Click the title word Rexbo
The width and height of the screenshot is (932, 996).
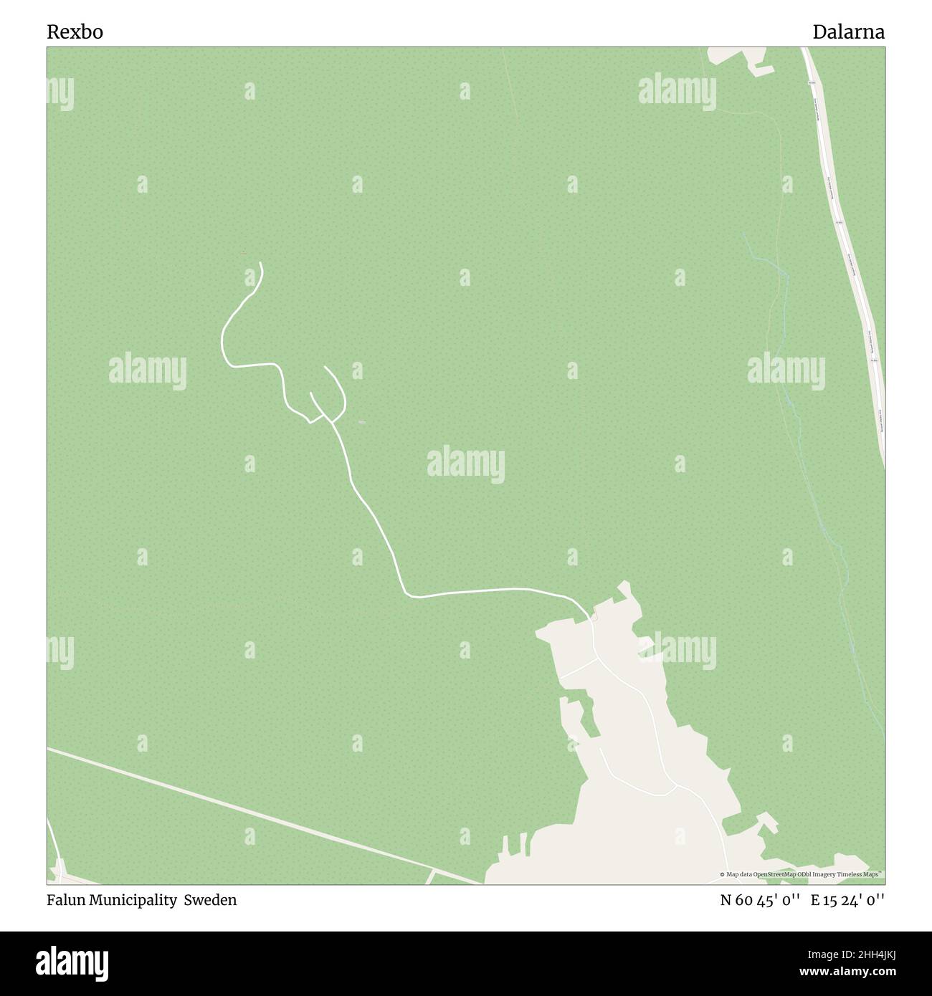click(75, 32)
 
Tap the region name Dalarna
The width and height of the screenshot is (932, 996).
click(848, 32)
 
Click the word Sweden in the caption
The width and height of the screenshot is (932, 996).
click(210, 900)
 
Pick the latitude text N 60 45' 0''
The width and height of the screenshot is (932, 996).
click(759, 900)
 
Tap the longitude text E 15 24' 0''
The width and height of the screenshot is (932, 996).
click(847, 900)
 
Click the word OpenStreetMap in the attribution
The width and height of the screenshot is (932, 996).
click(772, 874)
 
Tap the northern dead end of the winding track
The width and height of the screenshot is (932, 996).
click(260, 264)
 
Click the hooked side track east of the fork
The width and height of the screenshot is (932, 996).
click(337, 387)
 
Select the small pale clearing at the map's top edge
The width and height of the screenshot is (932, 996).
click(738, 57)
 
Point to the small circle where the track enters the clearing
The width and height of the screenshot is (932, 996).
click(594, 617)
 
